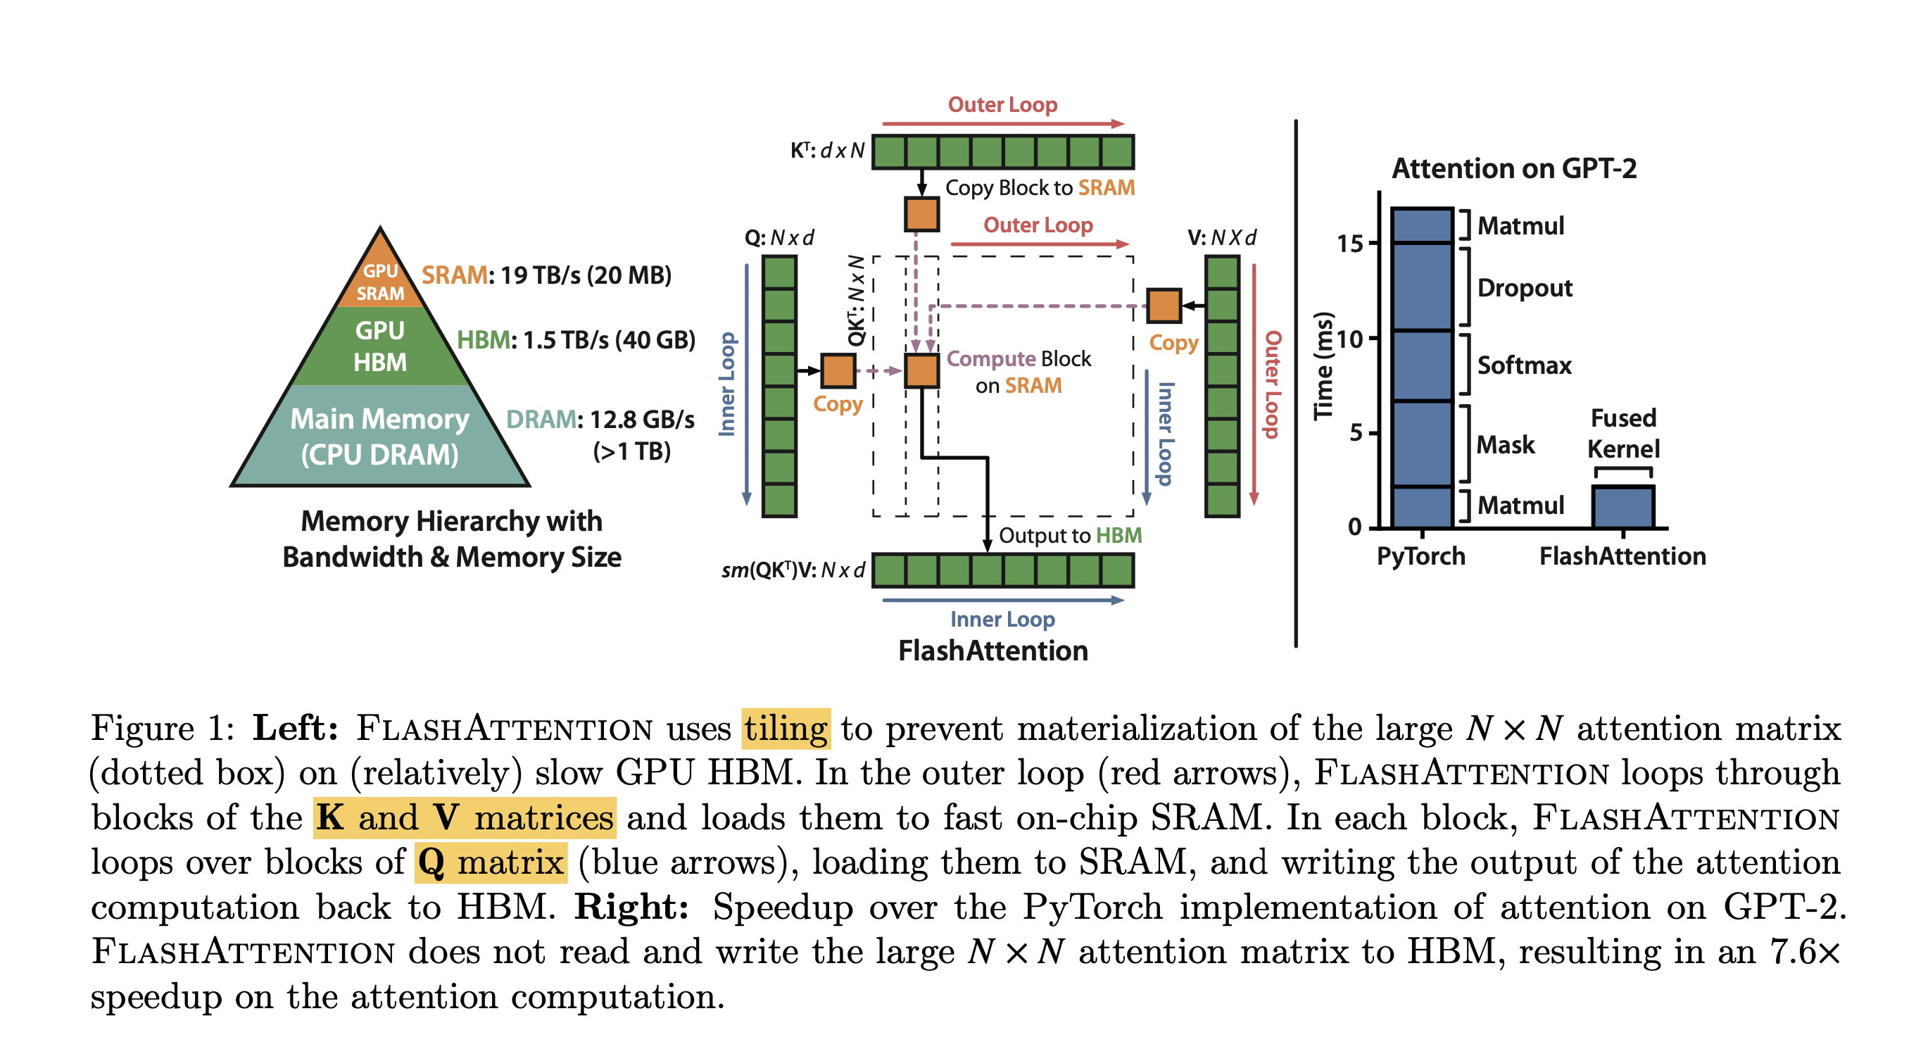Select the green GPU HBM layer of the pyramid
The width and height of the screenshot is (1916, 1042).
pyautogui.click(x=380, y=346)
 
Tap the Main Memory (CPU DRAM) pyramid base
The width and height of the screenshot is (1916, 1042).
pyautogui.click(x=380, y=437)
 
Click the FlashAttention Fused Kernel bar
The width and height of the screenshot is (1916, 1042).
pyautogui.click(x=1622, y=506)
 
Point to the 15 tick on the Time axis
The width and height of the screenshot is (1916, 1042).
pyautogui.click(x=1351, y=244)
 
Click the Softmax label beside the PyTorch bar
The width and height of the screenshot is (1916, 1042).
pyautogui.click(x=1524, y=365)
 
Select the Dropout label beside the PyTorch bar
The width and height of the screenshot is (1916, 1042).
pyautogui.click(x=1524, y=288)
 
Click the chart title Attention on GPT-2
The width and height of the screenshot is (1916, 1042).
pyautogui.click(x=1513, y=169)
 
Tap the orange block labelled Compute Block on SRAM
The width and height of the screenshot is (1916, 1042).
pyautogui.click(x=921, y=370)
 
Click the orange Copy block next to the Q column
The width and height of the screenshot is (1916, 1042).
pyautogui.click(x=838, y=370)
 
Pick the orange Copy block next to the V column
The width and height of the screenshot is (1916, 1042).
pyautogui.click(x=1164, y=306)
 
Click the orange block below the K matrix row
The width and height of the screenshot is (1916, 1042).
pyautogui.click(x=921, y=213)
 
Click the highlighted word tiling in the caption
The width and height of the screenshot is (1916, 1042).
pyautogui.click(x=786, y=729)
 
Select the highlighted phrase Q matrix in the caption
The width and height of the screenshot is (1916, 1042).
pyautogui.click(x=491, y=862)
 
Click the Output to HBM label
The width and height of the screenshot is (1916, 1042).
pyautogui.click(x=1070, y=536)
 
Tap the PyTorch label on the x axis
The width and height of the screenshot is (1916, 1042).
pyautogui.click(x=1420, y=556)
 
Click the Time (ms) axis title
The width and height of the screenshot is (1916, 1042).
pyautogui.click(x=1323, y=365)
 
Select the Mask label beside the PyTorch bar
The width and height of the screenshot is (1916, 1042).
pyautogui.click(x=1506, y=445)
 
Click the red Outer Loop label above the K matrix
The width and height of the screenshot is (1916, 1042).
pyautogui.click(x=1002, y=105)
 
